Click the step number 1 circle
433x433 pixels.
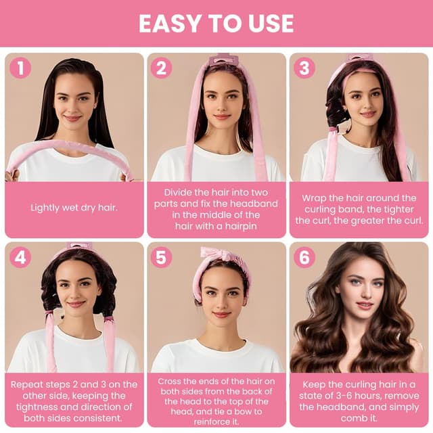pos(20,68)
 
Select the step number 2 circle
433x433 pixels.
pos(161,68)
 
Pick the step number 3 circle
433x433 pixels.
pos(304,68)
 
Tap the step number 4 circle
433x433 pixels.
pos(20,257)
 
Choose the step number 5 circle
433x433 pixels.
pos(161,257)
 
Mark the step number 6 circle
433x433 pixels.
pos(304,257)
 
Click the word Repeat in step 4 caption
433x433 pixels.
pos(28,384)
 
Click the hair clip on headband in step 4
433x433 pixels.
pos(80,246)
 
